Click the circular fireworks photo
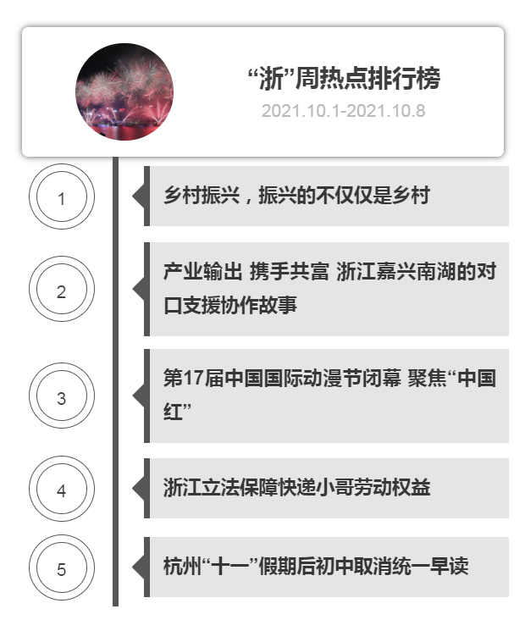point(124,91)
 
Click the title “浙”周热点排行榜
point(344,78)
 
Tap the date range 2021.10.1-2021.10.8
point(343,111)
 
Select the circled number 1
point(62,196)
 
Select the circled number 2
point(62,289)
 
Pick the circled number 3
point(62,396)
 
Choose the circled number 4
point(62,489)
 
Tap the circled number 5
point(62,567)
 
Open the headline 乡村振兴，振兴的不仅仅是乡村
point(296,196)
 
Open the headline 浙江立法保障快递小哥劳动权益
point(296,488)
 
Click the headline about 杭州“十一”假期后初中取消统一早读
point(316,567)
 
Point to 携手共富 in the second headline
point(289,271)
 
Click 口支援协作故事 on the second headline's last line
point(230,305)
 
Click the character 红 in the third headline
point(173,412)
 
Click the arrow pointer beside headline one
point(138,196)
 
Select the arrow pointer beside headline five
point(138,567)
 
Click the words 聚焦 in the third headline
point(428,379)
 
